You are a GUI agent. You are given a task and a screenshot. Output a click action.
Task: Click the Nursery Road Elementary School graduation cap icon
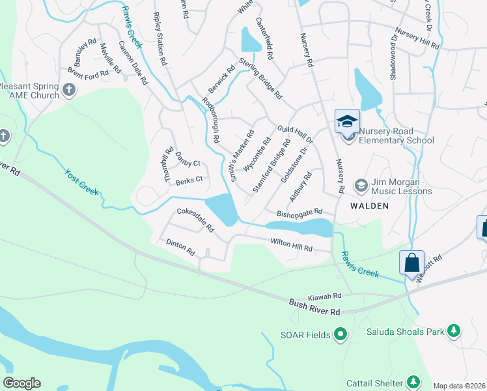coord(347,121)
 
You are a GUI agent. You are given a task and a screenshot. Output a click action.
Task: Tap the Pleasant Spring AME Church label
coord(29,91)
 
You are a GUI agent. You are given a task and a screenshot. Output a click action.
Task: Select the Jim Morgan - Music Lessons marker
coord(360,186)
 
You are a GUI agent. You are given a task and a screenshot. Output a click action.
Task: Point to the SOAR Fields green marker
coord(340,335)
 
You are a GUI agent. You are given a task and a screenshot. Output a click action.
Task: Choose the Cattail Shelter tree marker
coord(412,381)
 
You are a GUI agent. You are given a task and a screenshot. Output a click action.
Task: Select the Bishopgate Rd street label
coord(299,212)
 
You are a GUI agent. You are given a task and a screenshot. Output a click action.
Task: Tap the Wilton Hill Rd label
coord(292,245)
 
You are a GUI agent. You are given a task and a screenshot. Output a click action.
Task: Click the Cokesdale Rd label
coord(195,220)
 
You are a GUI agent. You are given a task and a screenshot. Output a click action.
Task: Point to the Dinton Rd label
coord(180,247)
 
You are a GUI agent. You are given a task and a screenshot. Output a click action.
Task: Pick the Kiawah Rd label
coord(325,296)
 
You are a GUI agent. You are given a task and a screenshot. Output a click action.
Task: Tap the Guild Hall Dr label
coord(295,135)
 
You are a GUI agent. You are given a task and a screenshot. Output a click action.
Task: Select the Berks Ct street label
coord(189,180)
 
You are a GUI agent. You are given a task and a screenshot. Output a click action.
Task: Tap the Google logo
coord(21,383)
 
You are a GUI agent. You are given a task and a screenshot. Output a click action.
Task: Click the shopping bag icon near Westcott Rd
coord(411,263)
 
